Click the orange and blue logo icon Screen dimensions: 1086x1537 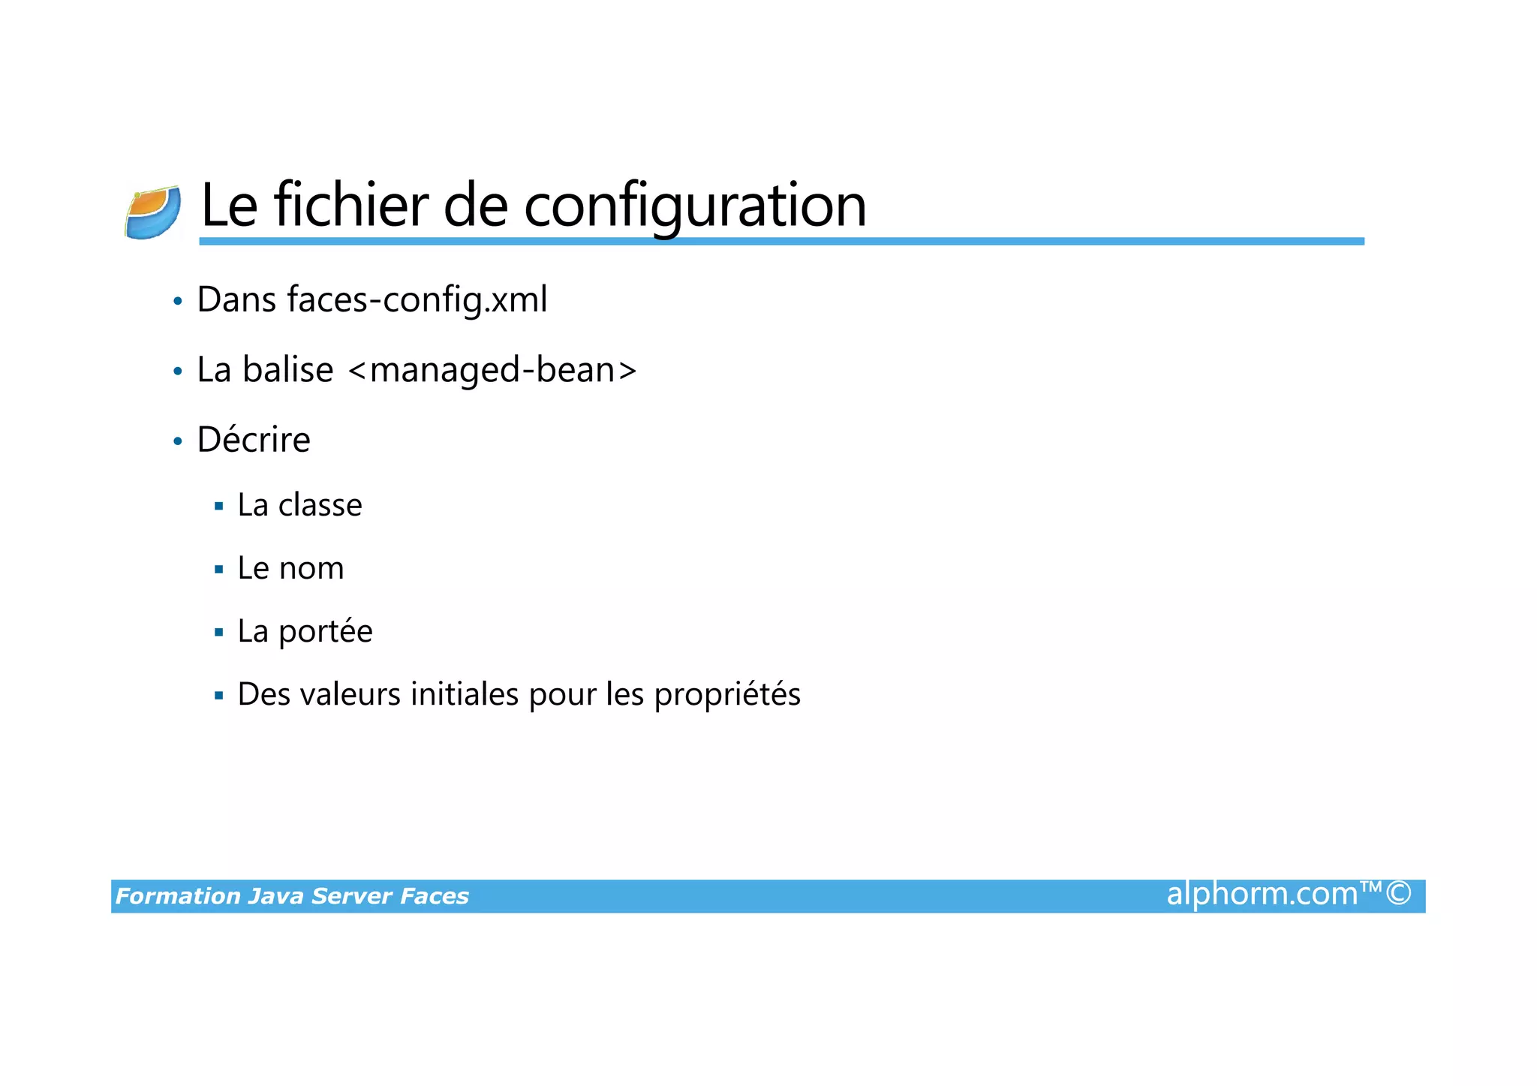point(153,213)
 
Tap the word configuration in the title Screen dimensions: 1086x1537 point(695,206)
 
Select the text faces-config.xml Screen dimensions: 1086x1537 point(417,299)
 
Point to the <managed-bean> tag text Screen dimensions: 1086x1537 point(493,370)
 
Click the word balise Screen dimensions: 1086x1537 point(287,370)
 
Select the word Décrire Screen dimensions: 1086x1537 point(254,440)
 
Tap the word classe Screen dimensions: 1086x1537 point(320,505)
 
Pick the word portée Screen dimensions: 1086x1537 point(326,632)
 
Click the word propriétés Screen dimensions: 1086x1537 point(727,695)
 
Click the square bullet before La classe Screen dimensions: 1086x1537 point(219,507)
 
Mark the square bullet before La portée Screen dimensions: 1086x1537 point(219,633)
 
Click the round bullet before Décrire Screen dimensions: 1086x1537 point(178,441)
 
